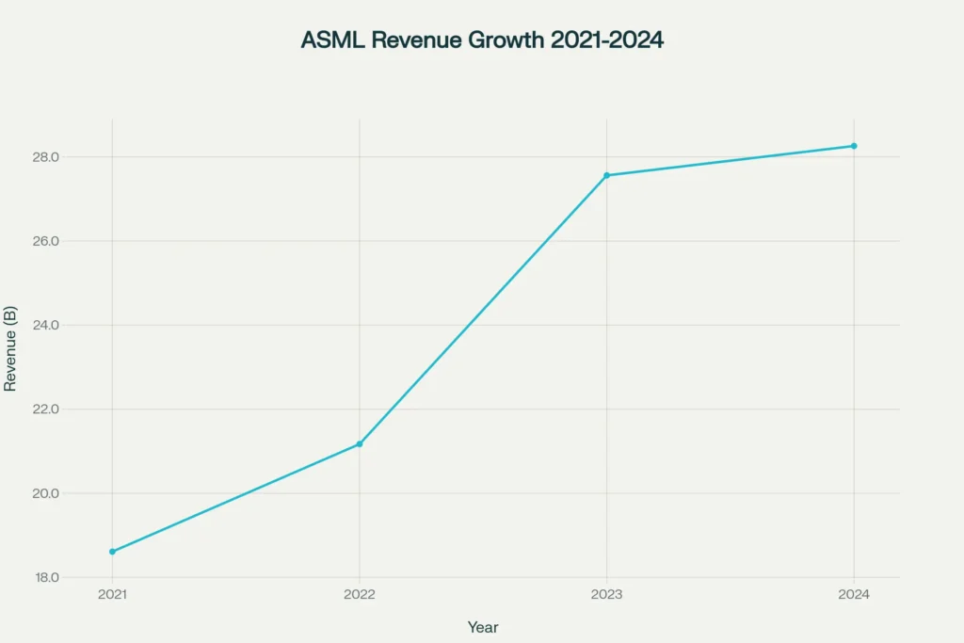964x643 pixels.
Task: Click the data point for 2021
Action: tap(112, 552)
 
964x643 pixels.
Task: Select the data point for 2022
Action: tap(360, 443)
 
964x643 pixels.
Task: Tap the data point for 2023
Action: tap(606, 175)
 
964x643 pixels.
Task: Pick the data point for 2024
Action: tap(854, 146)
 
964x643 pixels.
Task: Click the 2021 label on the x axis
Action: tap(112, 595)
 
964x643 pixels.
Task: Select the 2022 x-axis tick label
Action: tap(360, 595)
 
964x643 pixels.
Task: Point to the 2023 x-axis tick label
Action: tap(606, 595)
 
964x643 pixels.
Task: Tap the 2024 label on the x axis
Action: tap(854, 595)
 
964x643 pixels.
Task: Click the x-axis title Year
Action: tap(483, 627)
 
